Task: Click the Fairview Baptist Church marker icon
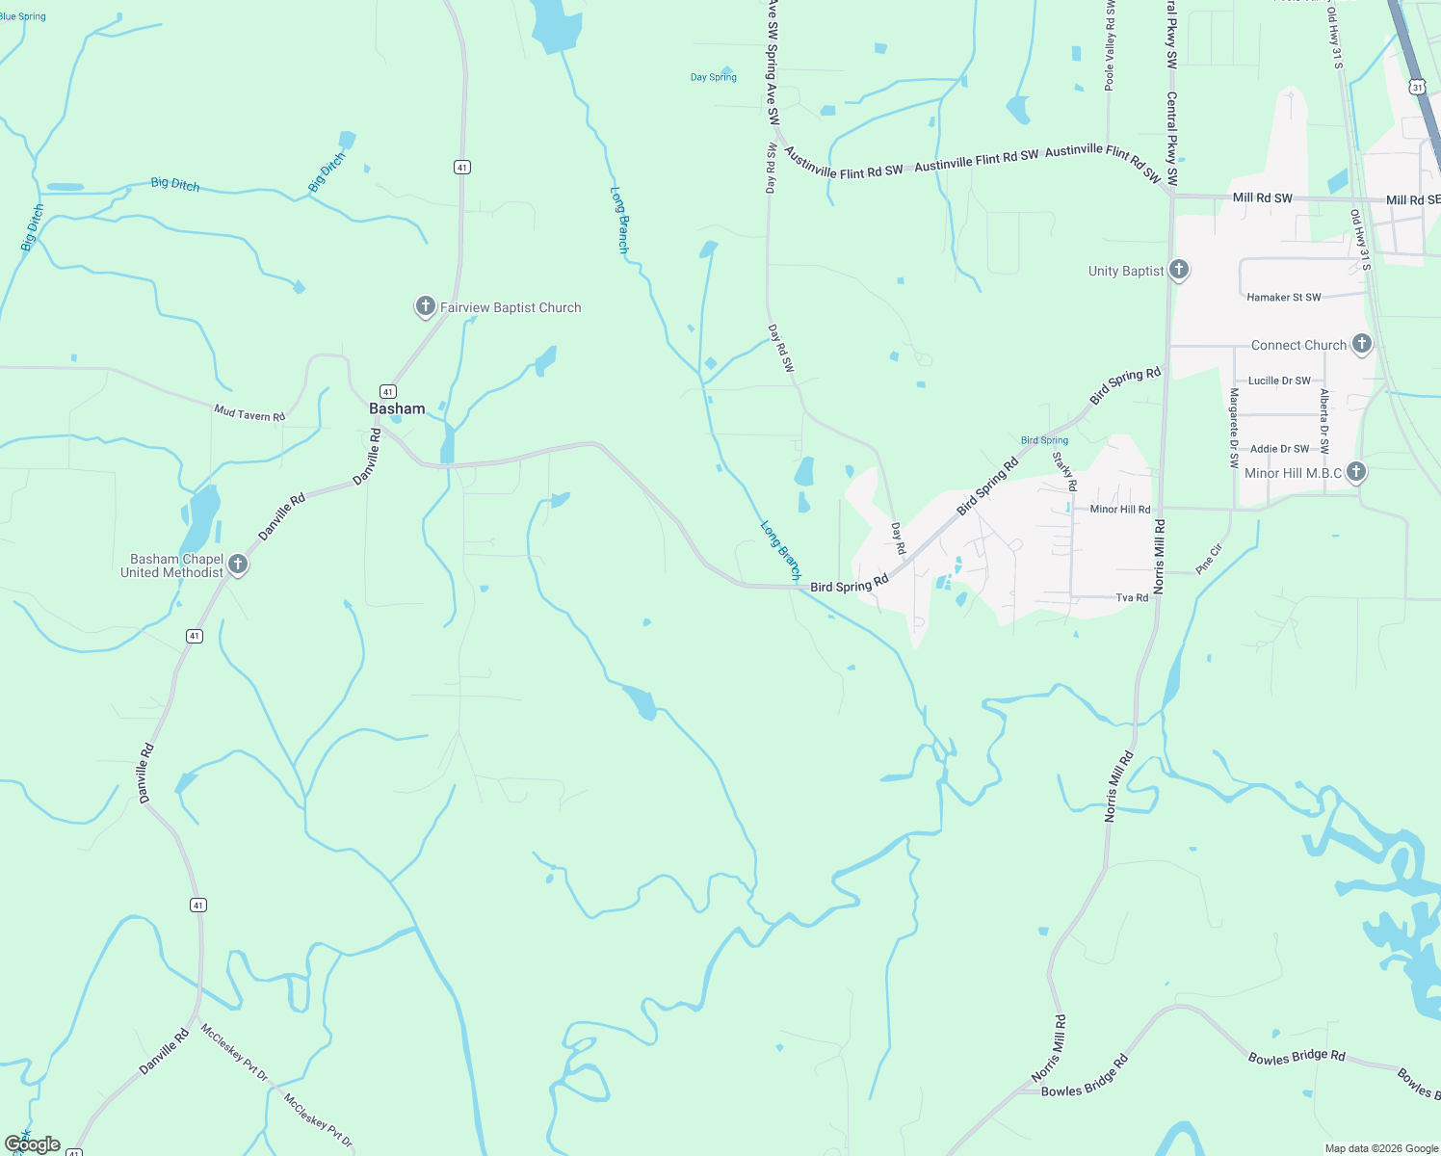425,306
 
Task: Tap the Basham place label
397,408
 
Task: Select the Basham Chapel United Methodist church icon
238,565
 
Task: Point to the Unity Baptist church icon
1178,270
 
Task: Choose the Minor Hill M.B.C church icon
1356,471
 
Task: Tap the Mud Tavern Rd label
249,414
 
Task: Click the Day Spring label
714,77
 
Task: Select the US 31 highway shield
1416,87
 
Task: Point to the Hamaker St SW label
1283,298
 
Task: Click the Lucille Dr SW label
1279,381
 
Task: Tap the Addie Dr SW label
1279,449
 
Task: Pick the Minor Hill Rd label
1119,510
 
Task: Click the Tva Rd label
1132,598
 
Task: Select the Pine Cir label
1209,559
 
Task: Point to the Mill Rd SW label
1262,197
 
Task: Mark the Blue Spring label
23,16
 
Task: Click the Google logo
33,1143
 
